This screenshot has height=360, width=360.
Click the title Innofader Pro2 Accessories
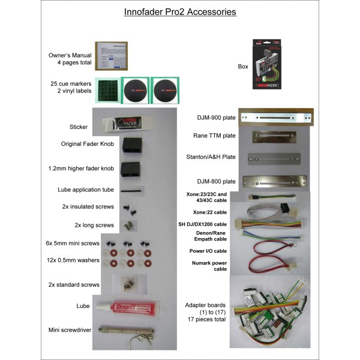point(180,11)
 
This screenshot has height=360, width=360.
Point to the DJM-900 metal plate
point(276,118)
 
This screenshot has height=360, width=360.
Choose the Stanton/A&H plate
point(276,158)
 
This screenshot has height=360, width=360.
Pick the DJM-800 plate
point(276,180)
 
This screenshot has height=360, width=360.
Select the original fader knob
point(129,145)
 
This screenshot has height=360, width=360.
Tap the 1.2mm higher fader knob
point(129,169)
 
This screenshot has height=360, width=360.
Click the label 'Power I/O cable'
point(208,250)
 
